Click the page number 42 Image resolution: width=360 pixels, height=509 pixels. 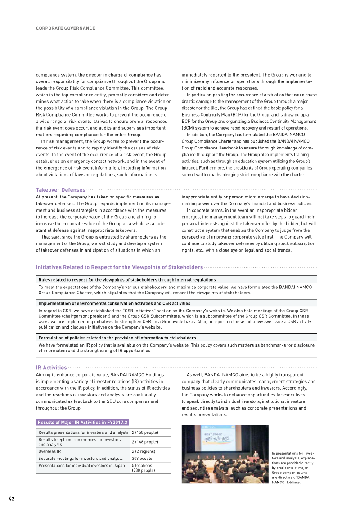(x=11, y=499)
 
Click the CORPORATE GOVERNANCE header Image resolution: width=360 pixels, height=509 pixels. (x=65, y=28)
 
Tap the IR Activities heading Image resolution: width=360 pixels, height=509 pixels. (x=51, y=368)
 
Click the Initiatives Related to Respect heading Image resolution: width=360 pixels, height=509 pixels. (x=119, y=267)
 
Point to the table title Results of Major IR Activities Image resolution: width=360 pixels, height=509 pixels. (x=82, y=422)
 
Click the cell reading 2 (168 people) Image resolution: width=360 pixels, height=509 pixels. (x=145, y=432)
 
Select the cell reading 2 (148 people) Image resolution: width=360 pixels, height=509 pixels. (x=145, y=442)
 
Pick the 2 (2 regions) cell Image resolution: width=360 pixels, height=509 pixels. (x=143, y=451)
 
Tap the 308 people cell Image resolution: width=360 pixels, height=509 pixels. (x=142, y=458)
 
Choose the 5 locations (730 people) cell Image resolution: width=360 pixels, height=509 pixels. (x=143, y=468)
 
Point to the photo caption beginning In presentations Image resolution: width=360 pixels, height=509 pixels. (x=293, y=468)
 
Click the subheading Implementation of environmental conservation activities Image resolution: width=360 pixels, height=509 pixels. (x=114, y=303)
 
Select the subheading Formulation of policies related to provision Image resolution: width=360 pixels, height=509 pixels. (x=117, y=338)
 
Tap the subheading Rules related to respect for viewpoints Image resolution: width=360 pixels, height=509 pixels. (x=127, y=280)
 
